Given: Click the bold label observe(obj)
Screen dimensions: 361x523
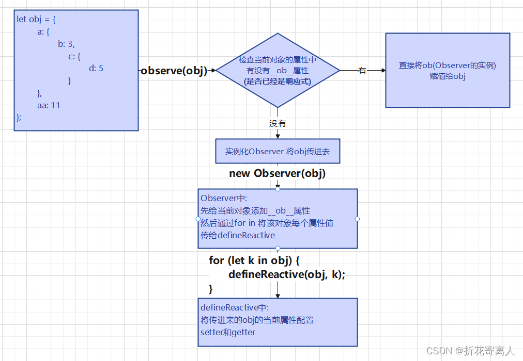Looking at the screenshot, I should (174, 71).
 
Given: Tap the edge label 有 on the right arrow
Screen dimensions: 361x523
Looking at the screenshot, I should (362, 71).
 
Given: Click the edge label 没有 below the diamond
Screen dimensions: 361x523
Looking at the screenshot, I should (278, 123).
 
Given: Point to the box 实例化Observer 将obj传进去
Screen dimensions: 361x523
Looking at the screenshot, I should (278, 151).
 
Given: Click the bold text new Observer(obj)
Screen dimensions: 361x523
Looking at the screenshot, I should (278, 173).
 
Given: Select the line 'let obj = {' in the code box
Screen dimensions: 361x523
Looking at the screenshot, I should (36, 20).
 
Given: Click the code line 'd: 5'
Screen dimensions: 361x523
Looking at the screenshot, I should (96, 68).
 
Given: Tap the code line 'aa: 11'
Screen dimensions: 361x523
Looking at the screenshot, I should (49, 105).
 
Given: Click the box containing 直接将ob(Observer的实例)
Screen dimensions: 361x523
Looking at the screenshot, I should (448, 70).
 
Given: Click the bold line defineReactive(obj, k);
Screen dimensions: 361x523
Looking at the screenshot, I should (287, 274).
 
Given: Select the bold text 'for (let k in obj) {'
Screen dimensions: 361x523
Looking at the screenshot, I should (254, 260).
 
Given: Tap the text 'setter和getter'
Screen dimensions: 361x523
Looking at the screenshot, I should (228, 332).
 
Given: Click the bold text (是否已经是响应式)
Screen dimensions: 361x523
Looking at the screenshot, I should (278, 81).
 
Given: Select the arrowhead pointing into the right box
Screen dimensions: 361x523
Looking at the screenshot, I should (383, 71).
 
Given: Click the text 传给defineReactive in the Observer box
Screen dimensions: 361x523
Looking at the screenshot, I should (238, 235).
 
